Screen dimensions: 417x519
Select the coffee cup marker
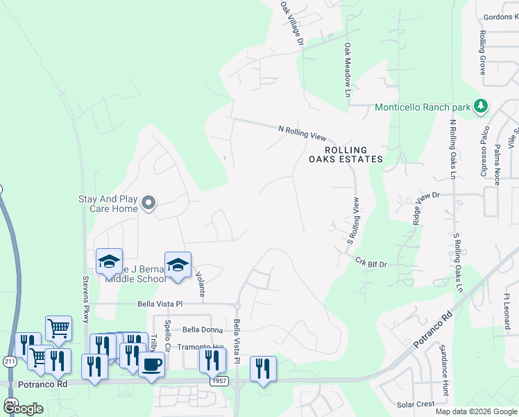pos(151,363)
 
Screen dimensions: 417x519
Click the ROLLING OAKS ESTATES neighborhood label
pos(346,154)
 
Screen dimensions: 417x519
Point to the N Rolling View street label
pos(302,130)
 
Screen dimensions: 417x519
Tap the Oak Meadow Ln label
pos(348,70)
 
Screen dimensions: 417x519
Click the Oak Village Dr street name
pos(292,24)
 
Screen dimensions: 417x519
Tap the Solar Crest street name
pos(415,404)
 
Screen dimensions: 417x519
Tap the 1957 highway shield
pos(219,382)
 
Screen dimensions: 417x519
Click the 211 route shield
pos(9,361)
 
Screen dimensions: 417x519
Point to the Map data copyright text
pos(475,411)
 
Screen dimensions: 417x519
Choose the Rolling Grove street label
pos(482,51)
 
